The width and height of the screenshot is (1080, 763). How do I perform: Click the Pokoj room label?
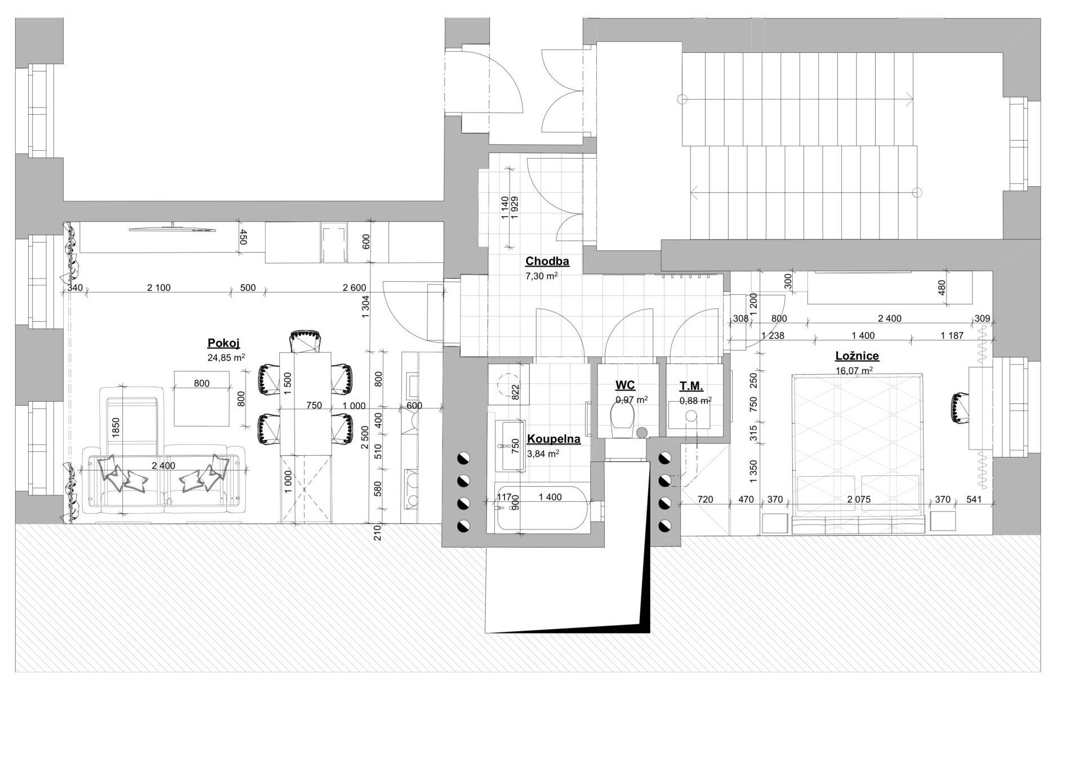point(224,344)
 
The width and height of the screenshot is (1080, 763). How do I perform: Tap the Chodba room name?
point(547,261)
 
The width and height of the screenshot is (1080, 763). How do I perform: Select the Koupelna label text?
point(554,439)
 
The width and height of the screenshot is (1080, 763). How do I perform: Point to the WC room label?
point(625,385)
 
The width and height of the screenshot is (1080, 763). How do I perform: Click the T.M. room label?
point(691,387)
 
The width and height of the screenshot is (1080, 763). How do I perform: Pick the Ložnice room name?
point(856,356)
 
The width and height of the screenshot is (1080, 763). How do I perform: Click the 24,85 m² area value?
point(226,357)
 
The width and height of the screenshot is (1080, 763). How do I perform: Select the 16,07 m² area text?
point(854,370)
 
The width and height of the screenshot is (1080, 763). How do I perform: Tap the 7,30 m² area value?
point(541,276)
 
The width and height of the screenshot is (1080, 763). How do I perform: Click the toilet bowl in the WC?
point(622,421)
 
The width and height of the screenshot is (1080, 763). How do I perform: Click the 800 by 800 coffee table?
point(202,398)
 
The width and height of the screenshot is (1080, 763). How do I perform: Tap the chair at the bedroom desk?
point(958,408)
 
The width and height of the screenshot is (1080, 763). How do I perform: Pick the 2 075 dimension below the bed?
point(859,499)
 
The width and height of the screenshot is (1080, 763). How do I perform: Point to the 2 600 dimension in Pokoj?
point(354,288)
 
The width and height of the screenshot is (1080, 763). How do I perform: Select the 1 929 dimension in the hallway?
point(514,209)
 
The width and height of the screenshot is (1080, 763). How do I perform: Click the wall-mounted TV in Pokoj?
point(172,228)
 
